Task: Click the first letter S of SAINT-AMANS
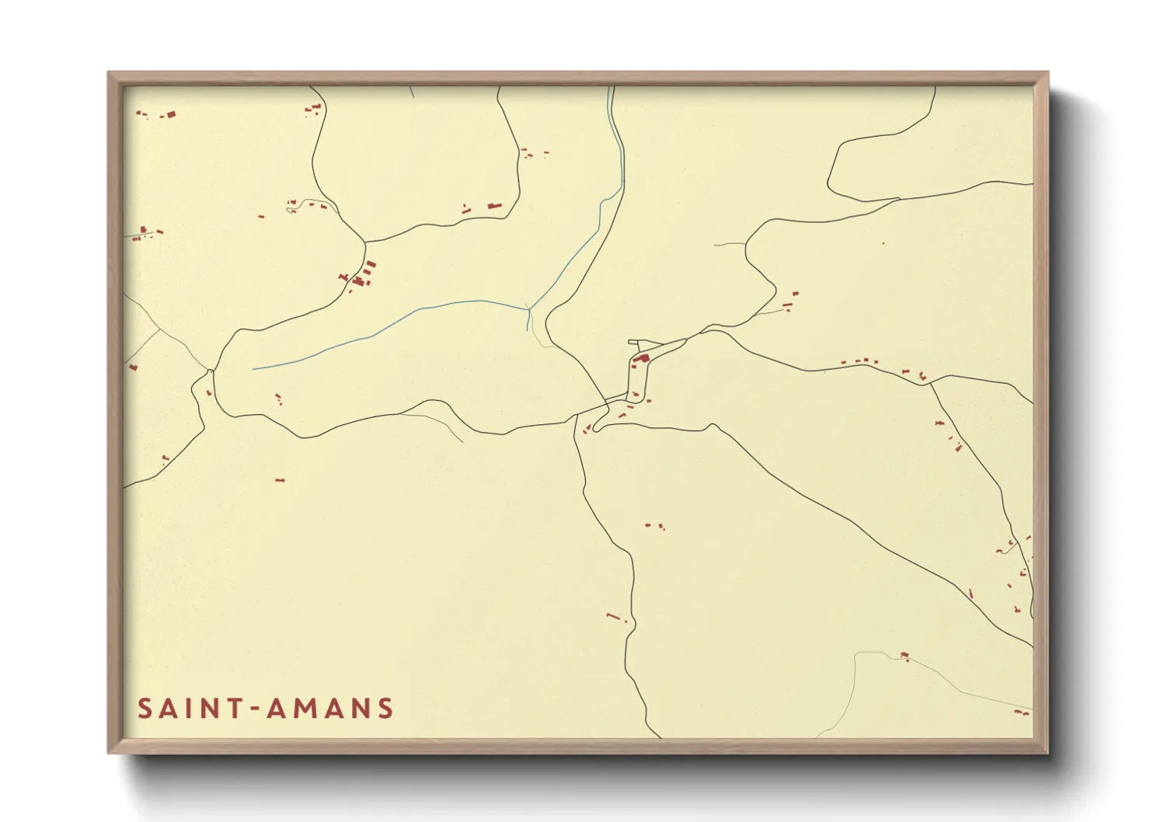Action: pyautogui.click(x=145, y=709)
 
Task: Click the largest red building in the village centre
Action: pyautogui.click(x=643, y=358)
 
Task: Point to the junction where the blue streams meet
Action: pyautogui.click(x=529, y=310)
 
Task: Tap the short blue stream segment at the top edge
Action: pyautogui.click(x=411, y=91)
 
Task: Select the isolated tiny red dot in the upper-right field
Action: pyautogui.click(x=883, y=244)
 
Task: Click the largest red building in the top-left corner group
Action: pyautogui.click(x=171, y=114)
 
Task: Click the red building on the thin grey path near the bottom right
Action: pyautogui.click(x=904, y=656)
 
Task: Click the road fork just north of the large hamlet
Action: pyautogui.click(x=364, y=243)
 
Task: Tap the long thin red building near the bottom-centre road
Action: pyautogui.click(x=613, y=616)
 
